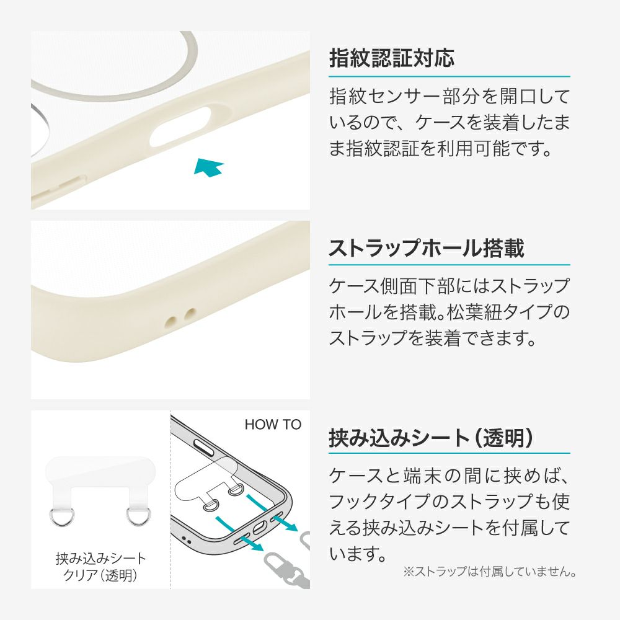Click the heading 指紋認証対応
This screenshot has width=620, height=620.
[x=392, y=58]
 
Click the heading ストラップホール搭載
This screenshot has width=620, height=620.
[x=427, y=248]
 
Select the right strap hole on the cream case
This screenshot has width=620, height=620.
[x=190, y=313]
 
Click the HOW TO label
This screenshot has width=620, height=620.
[x=273, y=424]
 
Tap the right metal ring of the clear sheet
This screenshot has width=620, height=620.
[x=138, y=516]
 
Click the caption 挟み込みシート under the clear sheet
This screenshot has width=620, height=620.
[x=101, y=559]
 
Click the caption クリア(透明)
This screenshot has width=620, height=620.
[x=100, y=575]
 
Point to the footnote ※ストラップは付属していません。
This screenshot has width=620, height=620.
[x=490, y=572]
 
